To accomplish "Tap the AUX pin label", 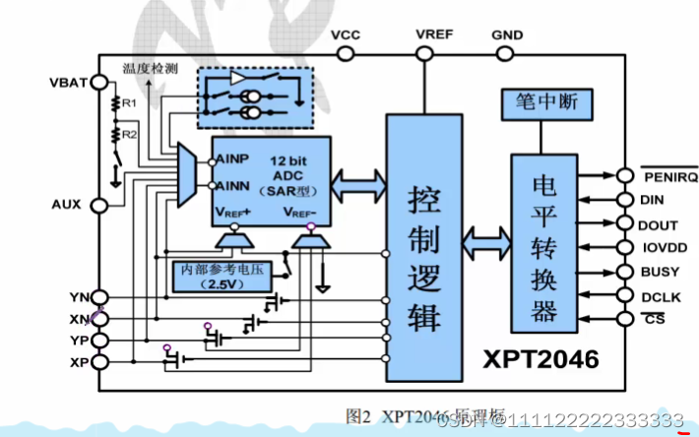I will pyautogui.click(x=67, y=205).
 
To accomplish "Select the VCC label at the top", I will pyautogui.click(x=345, y=34).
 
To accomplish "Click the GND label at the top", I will pyautogui.click(x=507, y=34).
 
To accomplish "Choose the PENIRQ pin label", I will pyautogui.click(x=670, y=177).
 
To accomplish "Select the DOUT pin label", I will pyautogui.click(x=658, y=224).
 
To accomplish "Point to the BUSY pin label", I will pyautogui.click(x=659, y=270).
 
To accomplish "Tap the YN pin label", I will pyautogui.click(x=79, y=297).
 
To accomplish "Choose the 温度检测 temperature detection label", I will pyautogui.click(x=150, y=70).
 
